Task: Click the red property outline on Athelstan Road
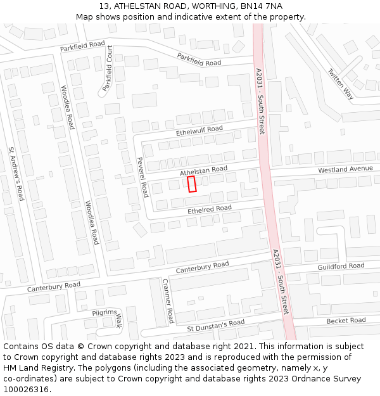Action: tap(193, 184)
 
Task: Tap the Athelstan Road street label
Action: tap(203, 170)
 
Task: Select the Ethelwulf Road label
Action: tap(199, 131)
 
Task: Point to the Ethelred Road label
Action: tap(210, 208)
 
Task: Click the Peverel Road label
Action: tap(142, 177)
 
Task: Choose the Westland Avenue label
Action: tap(346, 170)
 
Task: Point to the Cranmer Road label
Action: tap(168, 301)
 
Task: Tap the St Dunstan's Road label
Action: tap(215, 326)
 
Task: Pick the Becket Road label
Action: tap(346, 321)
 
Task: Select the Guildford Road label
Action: tap(341, 267)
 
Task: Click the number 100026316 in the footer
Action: tap(25, 389)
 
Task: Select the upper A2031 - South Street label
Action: tap(260, 101)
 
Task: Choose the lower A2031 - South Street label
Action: tap(281, 282)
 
